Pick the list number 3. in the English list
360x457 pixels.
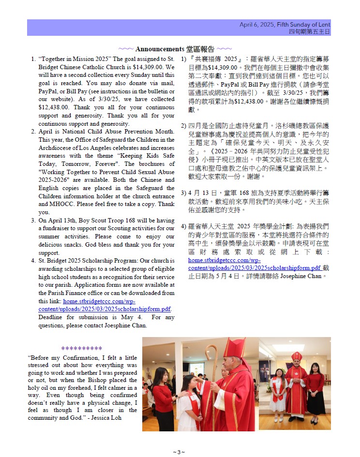(33, 220)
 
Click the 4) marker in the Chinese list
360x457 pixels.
(184, 226)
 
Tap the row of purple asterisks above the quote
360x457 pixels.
(82, 348)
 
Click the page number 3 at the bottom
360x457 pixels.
(179, 452)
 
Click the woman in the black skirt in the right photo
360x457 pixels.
(315, 392)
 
